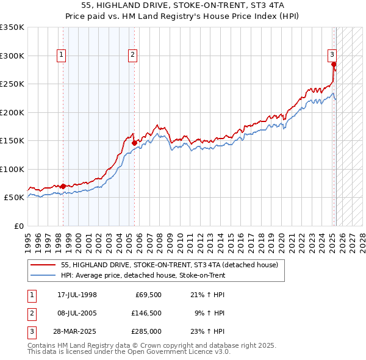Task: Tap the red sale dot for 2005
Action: click(134, 143)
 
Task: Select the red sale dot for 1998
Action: click(63, 186)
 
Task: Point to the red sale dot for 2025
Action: click(334, 64)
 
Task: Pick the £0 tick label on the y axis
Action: click(19, 226)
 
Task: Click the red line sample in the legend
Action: click(43, 265)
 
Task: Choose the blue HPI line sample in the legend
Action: click(43, 275)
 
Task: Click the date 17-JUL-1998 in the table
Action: click(77, 295)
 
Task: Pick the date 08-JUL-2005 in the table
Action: click(77, 313)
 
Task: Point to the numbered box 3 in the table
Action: click(31, 331)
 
